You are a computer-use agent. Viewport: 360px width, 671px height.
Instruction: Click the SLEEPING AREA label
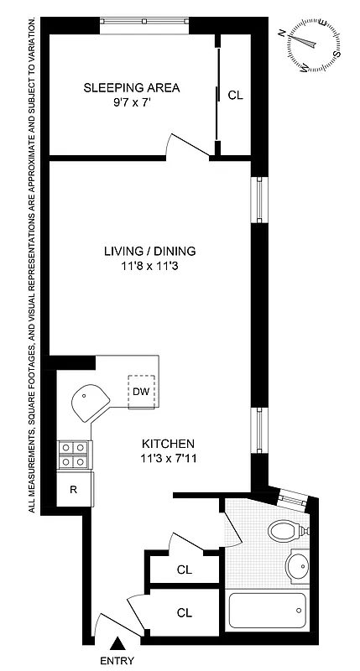[x=131, y=87]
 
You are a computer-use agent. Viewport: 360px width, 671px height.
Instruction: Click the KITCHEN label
[x=168, y=444]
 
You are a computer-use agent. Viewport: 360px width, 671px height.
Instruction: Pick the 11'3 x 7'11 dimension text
[x=168, y=458]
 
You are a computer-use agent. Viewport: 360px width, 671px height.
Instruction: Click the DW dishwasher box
[x=141, y=391]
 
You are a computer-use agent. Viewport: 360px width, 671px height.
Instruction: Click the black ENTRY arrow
[x=117, y=643]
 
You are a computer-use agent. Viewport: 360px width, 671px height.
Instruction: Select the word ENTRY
[x=117, y=661]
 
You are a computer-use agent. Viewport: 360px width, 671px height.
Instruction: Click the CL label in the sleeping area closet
[x=235, y=95]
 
